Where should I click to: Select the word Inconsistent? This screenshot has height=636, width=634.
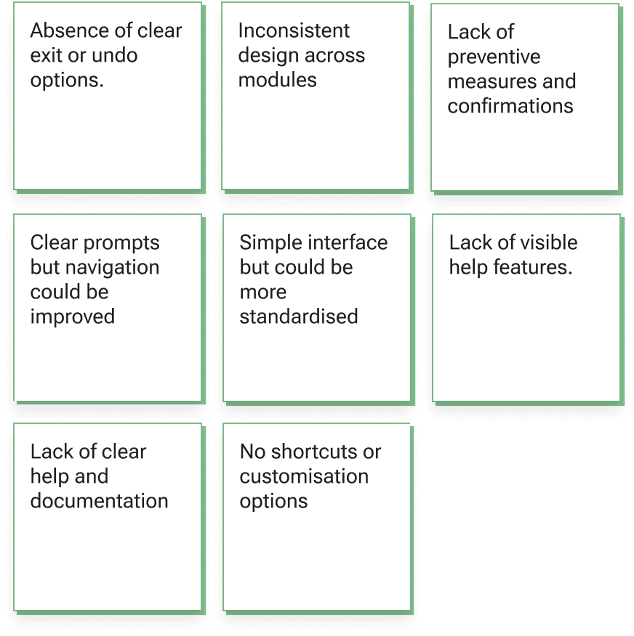point(294,31)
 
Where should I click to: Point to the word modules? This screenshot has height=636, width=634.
point(277,80)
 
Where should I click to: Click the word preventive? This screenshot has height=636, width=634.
point(494,57)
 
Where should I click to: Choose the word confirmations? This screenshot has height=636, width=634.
point(510,106)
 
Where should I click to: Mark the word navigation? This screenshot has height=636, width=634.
point(113,267)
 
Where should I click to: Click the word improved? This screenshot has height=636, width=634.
point(72,317)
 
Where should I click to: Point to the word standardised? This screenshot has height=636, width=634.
point(299,317)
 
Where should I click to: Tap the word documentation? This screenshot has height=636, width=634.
point(99,501)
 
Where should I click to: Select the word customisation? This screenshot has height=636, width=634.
point(304,476)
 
